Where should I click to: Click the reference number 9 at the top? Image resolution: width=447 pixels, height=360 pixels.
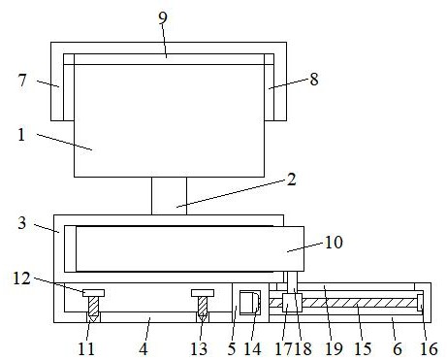point(163,18)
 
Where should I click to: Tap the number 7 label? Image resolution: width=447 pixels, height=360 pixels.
point(22,80)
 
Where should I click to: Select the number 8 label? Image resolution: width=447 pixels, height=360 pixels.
point(314,80)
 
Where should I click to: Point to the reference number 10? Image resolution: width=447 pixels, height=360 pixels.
point(334,243)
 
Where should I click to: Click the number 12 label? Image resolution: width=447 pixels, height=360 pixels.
point(21,278)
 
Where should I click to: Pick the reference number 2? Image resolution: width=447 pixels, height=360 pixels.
point(292,180)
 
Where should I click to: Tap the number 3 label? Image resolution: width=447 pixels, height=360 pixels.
point(22,223)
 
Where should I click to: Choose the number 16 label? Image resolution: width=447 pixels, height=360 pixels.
point(429,349)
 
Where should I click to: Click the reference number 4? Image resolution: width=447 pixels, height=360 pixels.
point(144,349)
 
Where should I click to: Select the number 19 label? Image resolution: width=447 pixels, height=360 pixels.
point(334,349)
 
